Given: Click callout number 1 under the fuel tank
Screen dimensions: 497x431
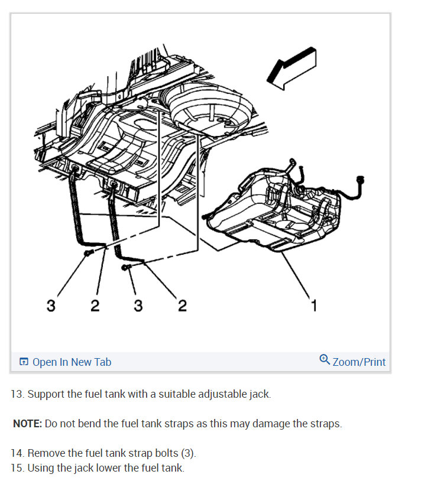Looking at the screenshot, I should tap(314, 305).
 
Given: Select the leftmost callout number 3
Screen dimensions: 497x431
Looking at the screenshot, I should tap(51, 305).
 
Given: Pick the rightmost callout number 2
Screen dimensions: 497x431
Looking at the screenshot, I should tap(182, 305).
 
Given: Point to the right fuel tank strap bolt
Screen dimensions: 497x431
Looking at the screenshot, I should tap(125, 268).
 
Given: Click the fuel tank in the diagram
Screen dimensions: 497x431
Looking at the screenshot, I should tap(272, 210).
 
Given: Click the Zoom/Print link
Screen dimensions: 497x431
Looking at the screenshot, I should tap(359, 362).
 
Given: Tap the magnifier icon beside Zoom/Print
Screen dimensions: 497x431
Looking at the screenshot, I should tap(324, 360).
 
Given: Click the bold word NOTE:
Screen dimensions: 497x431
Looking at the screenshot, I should tap(27, 424).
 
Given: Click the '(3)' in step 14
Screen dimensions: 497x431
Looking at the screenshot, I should tap(187, 453).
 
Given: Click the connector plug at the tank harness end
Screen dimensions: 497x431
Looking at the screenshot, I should tap(360, 180).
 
